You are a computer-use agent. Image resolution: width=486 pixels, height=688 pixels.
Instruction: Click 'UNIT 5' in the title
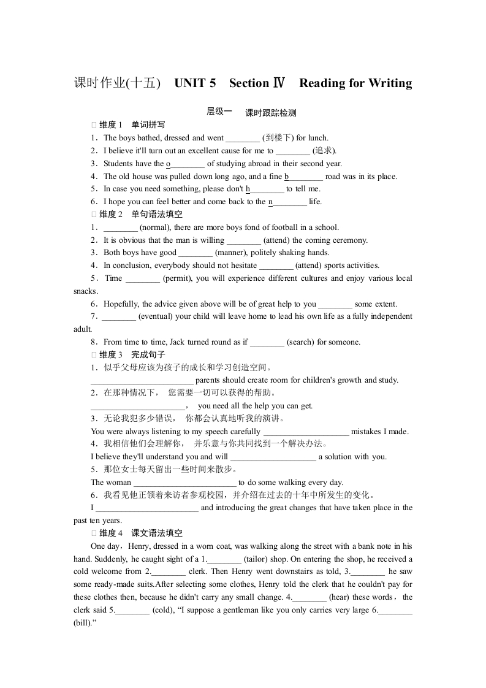195,83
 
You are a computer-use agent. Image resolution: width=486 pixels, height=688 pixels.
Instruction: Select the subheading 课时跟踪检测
270,113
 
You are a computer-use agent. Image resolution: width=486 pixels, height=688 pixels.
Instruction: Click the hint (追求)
324,151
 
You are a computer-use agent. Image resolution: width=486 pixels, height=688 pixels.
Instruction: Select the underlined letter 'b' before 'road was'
286,177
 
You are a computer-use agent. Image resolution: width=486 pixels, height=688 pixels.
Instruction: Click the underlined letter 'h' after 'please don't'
248,189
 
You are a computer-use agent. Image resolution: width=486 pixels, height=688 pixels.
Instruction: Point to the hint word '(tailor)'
259,559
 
